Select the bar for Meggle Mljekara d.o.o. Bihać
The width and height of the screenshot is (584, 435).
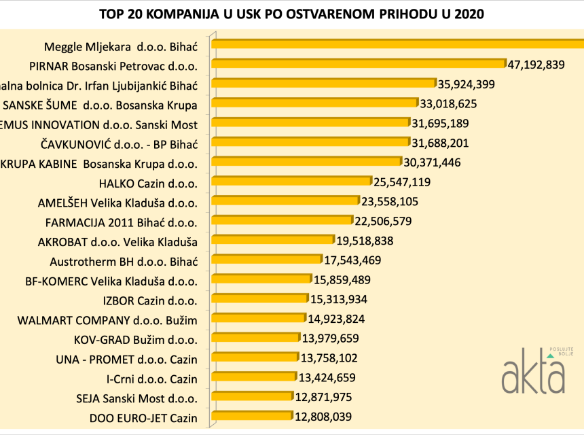coord(398,44)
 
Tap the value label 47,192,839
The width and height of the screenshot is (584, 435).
coord(536,65)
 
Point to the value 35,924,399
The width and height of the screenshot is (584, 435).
coord(466,84)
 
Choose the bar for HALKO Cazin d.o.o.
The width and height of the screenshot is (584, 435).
coord(292,181)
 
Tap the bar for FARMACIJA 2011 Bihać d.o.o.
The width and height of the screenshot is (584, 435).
coord(282,220)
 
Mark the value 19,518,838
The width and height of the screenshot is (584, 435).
coord(364,241)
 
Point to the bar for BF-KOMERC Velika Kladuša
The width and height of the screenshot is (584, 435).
coord(262,279)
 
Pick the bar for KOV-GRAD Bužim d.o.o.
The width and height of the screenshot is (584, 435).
coord(256,338)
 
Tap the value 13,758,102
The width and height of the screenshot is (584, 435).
coord(329,358)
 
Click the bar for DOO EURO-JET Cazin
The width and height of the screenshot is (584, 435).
coord(252,416)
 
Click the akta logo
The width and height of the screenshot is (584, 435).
coord(534,372)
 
